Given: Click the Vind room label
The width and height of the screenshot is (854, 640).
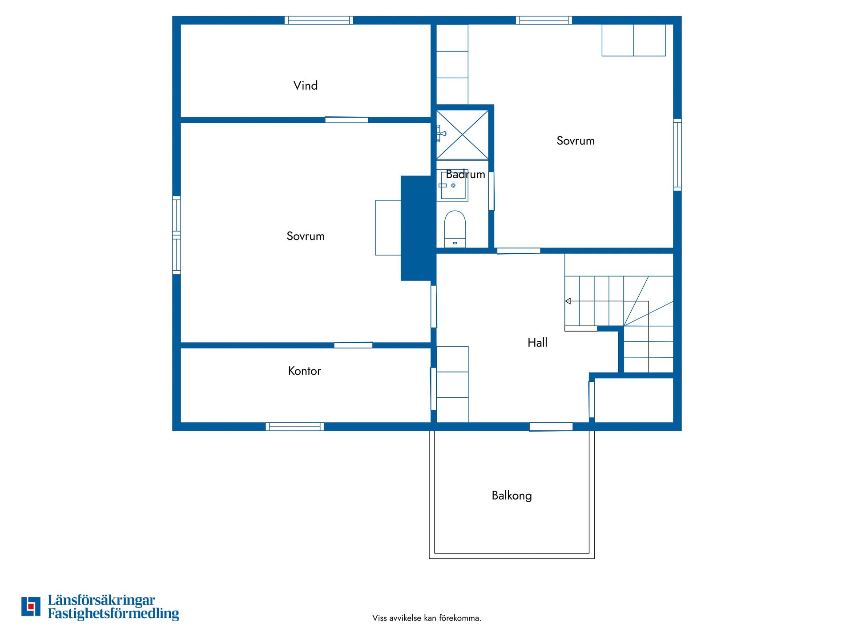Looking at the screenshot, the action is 306,85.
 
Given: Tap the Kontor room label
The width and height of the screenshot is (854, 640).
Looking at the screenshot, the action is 304,371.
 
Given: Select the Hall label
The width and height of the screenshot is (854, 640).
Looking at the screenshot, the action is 537,342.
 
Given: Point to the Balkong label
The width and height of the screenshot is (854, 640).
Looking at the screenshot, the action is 512,496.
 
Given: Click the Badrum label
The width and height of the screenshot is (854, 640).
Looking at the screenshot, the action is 465,174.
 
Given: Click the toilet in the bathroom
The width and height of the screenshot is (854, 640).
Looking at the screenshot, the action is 455,229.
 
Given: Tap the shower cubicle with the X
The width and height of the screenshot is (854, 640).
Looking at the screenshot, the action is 462,135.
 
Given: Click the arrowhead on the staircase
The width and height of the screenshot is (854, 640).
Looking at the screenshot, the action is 568,301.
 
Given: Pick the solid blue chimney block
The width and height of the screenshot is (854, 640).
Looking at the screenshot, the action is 416,228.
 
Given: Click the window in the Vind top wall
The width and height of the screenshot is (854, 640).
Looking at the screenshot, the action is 319,20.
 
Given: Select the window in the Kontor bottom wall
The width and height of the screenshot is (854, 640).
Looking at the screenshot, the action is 295,427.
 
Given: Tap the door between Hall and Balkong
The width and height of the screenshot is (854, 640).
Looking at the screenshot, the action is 551,427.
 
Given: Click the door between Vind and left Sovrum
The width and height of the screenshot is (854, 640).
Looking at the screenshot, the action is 346,120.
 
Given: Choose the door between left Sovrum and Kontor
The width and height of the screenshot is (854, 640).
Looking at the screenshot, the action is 353,345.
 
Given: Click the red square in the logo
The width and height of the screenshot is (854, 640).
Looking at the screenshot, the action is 31,606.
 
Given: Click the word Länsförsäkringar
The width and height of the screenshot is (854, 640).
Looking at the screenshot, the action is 101,600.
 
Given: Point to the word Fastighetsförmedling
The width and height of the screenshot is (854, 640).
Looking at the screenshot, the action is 113,614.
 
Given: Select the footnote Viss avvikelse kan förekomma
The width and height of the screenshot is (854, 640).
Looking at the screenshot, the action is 427,618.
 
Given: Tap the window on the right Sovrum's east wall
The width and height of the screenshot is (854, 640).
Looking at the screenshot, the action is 677,155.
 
